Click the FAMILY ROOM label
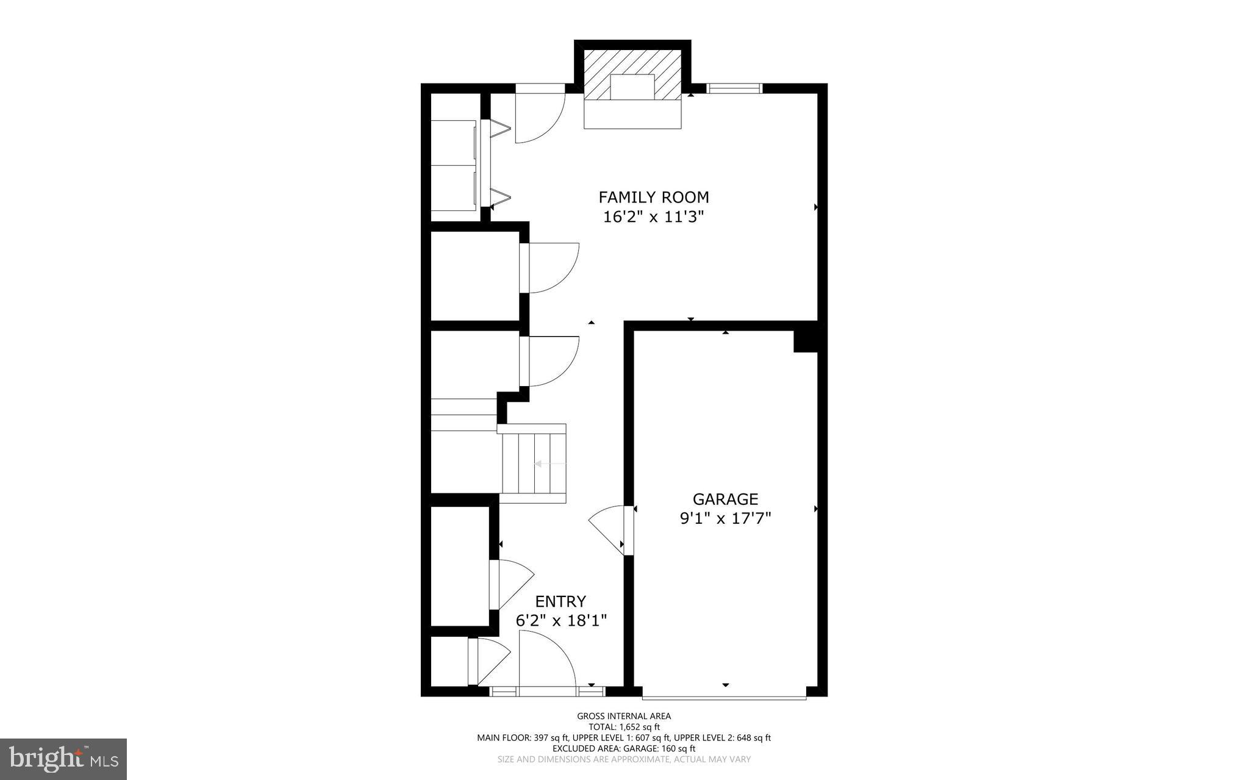[x=653, y=197]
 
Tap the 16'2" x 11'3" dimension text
[x=653, y=217]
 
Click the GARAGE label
[x=725, y=499]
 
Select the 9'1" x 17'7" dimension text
[x=725, y=518]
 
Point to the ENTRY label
[x=560, y=601]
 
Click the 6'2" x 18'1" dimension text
[x=561, y=621]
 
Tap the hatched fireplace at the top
[x=632, y=75]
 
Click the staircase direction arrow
[x=550, y=464]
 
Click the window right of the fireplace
[x=734, y=88]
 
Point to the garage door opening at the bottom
[x=725, y=696]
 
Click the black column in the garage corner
[x=805, y=341]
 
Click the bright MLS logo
[x=63, y=759]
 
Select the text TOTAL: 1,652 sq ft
[x=624, y=727]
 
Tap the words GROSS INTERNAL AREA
[x=624, y=716]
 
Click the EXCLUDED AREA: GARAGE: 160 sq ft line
[x=624, y=748]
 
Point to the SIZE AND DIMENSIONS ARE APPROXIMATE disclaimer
[x=624, y=759]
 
